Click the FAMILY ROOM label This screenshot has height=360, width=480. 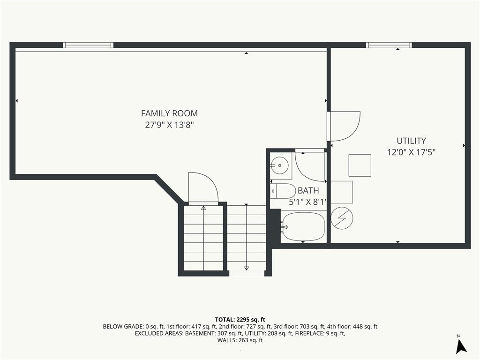click(169, 113)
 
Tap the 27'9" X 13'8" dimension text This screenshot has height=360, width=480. click(170, 125)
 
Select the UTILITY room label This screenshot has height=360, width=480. click(411, 141)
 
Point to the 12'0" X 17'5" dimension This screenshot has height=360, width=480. click(411, 152)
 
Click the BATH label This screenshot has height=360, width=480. click(308, 190)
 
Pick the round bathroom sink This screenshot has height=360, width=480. click(279, 165)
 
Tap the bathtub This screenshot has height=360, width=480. click(303, 227)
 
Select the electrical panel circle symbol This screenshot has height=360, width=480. click(342, 218)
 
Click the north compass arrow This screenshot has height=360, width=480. click(461, 346)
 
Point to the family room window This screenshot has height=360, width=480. click(88, 45)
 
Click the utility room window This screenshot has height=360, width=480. click(389, 45)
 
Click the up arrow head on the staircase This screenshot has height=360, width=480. click(203, 208)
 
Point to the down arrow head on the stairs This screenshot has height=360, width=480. click(247, 268)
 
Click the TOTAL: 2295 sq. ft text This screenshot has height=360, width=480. click(240, 320)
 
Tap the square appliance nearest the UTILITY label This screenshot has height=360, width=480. click(360, 165)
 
